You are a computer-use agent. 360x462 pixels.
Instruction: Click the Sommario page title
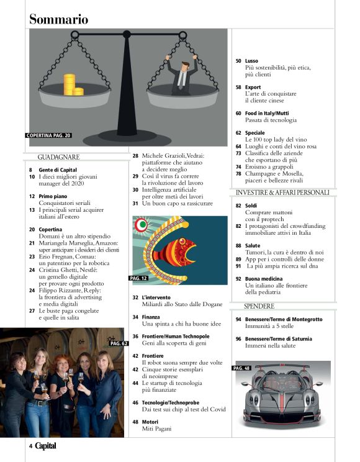pos(59,19)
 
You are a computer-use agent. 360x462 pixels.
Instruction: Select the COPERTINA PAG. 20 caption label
pos(49,135)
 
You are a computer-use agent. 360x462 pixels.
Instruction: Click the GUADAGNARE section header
pos(58,157)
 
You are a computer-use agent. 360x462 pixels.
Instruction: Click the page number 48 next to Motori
pos(135,421)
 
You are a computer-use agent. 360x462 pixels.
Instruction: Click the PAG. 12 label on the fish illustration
pos(138,279)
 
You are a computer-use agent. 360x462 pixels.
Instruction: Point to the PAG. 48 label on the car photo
pos(241,368)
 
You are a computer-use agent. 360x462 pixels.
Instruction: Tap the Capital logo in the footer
pos(47,445)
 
